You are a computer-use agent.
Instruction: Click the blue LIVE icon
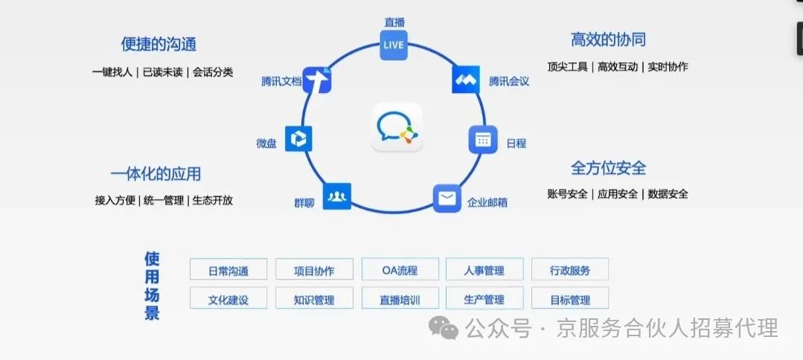point(393,45)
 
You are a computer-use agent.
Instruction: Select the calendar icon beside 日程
point(483,139)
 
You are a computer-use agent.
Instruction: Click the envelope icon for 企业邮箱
point(447,199)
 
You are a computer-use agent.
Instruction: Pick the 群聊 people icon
point(337,196)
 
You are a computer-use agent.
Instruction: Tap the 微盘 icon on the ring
point(298,138)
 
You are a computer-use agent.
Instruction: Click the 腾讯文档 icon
point(317,80)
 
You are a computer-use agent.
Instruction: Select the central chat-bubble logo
point(397,127)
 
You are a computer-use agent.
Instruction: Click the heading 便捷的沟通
point(159,44)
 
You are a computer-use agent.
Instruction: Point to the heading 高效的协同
point(608,39)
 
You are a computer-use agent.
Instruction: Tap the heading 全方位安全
point(608,167)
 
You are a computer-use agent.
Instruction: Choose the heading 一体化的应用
point(156,174)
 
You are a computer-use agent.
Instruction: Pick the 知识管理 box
point(314,300)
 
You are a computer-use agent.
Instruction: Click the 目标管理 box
point(570,300)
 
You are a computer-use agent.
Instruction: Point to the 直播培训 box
point(399,300)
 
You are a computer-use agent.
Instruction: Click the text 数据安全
point(668,194)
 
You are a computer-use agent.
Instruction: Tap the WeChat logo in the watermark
point(447,327)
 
